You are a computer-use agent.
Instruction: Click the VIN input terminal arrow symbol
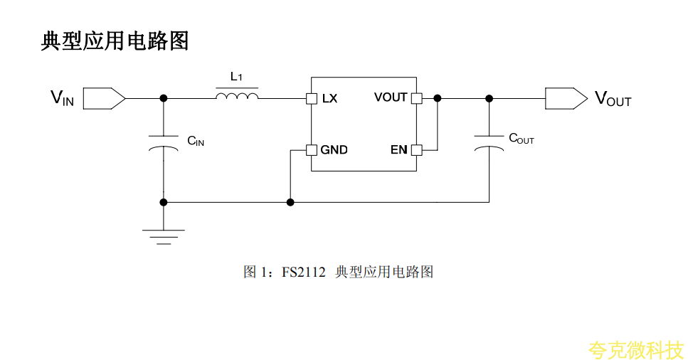tap(104, 98)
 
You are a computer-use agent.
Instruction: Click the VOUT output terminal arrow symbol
tap(566, 98)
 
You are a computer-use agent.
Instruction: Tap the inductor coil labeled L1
tap(237, 96)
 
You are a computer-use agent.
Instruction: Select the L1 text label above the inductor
tap(237, 77)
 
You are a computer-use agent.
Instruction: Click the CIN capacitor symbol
tap(164, 142)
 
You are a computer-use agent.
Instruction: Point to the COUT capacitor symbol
tap(489, 142)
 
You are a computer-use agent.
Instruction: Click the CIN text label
tap(196, 141)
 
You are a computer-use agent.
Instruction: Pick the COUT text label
tap(521, 139)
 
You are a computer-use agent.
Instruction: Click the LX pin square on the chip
tap(311, 98)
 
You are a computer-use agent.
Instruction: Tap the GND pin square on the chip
tap(311, 150)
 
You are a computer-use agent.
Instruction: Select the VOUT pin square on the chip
tap(417, 98)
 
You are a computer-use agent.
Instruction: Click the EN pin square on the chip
tap(417, 150)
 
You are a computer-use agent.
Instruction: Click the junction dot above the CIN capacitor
tap(164, 98)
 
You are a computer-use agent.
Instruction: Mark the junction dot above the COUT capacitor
tap(489, 98)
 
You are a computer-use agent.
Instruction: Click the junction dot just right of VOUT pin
tap(437, 98)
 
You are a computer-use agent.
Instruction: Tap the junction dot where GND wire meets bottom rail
tap(290, 202)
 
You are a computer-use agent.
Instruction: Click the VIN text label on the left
tap(62, 98)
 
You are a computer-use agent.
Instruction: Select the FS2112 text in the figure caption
tap(304, 272)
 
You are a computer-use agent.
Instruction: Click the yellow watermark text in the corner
tap(635, 349)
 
